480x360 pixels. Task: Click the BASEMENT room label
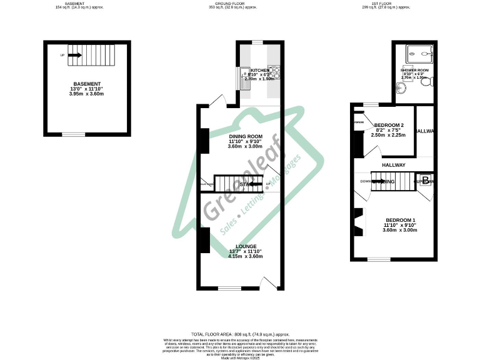coord(87,84)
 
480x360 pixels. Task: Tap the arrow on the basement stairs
coord(75,55)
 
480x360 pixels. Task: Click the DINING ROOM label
coord(244,136)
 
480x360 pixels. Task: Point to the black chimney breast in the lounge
coord(204,241)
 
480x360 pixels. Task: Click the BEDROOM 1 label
coord(400,220)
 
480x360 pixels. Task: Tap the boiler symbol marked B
coord(425,181)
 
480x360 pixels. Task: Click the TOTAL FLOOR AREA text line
coord(239,335)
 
